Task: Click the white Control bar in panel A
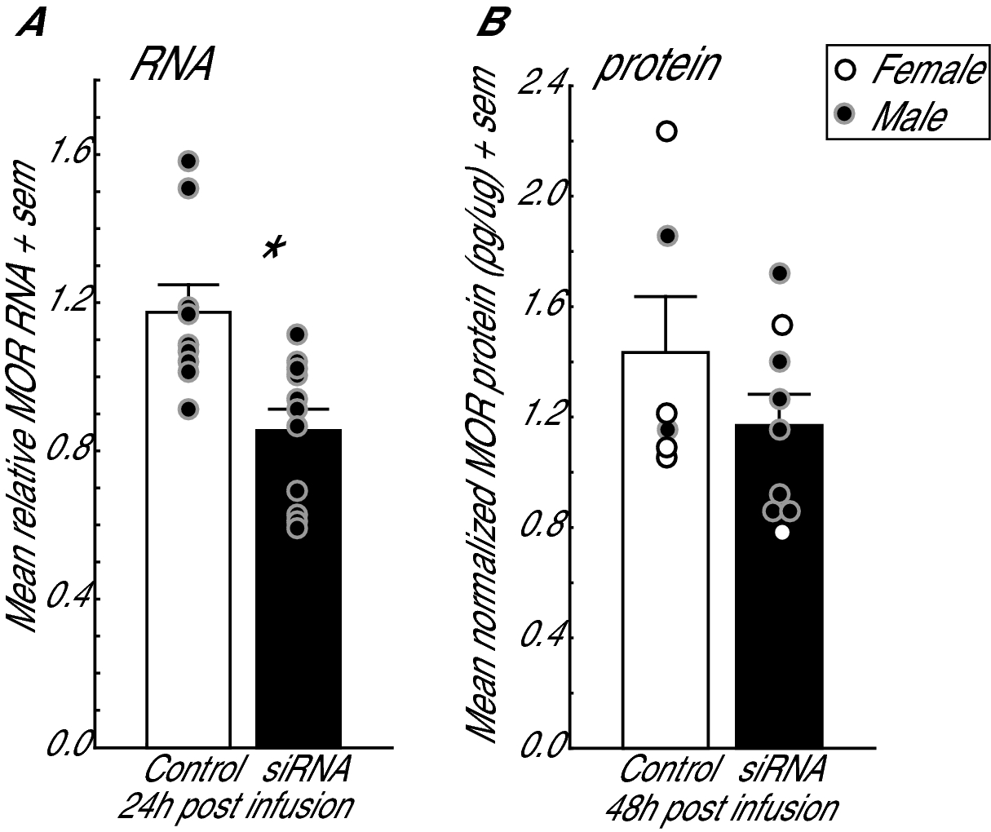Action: tap(188, 571)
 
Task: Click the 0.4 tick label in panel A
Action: tap(69, 600)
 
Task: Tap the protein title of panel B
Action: tap(657, 65)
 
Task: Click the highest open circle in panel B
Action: tap(667, 131)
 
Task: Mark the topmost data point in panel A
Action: tap(189, 161)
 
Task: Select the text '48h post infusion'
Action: tap(721, 809)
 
